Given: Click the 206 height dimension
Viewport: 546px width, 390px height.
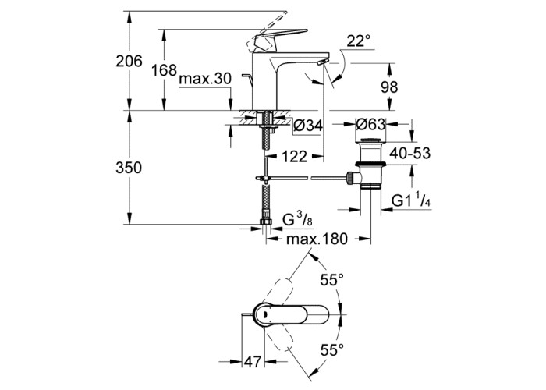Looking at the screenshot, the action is pos(129,62).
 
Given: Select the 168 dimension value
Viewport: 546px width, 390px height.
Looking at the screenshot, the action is pos(165,70).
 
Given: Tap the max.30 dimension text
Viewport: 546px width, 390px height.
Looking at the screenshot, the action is pos(205,79).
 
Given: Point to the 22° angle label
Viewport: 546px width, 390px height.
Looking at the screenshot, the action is pos(359,42).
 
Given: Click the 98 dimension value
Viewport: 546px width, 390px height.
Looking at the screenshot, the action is pos(389,87).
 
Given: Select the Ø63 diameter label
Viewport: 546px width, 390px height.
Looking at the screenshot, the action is pos(370,124).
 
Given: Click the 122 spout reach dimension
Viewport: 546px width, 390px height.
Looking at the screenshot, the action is pos(294,157).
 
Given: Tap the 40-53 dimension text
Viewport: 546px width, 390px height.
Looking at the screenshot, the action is pos(409,153).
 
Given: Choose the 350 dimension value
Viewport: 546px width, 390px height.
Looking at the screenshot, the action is pos(129,168).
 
